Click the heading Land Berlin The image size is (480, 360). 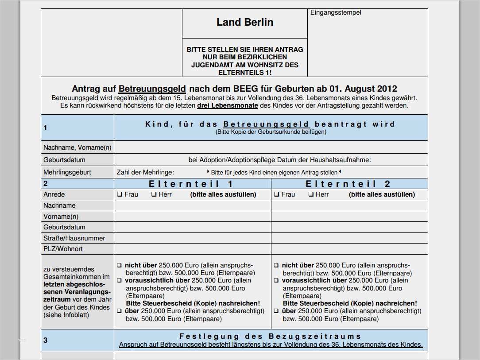click(244, 22)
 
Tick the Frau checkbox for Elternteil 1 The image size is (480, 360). click(120, 194)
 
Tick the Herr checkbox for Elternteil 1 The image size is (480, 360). click(154, 194)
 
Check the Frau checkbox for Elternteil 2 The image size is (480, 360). click(276, 194)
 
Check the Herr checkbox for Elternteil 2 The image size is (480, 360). click(311, 194)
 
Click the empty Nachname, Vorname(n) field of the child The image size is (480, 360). click(270, 147)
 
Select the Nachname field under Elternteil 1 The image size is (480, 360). click(192, 205)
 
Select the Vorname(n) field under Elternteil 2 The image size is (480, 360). click(349, 217)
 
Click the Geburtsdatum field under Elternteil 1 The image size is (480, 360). click(192, 227)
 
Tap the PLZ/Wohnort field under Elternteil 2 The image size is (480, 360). click(349, 249)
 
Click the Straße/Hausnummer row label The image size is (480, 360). click(74, 238)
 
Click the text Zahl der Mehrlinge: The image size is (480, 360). click(145, 172)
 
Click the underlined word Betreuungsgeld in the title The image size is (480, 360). click(152, 89)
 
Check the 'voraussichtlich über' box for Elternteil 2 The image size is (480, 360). click(276, 280)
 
